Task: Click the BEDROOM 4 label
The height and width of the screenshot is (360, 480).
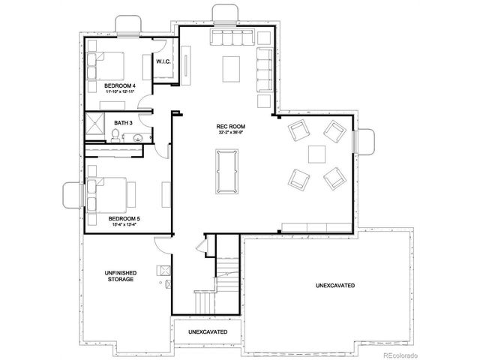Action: (119, 85)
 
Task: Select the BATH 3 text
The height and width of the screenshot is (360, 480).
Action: (124, 122)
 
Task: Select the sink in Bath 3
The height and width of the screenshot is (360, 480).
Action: (136, 137)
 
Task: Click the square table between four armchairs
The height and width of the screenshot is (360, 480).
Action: (316, 154)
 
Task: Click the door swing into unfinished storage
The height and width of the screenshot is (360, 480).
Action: (159, 245)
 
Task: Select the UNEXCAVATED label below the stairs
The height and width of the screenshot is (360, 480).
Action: (208, 331)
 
